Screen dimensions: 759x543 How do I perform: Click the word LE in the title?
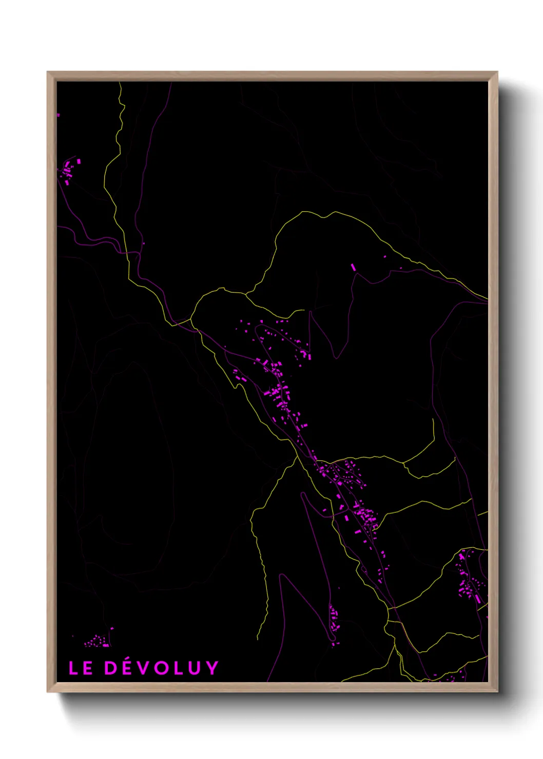coord(81,668)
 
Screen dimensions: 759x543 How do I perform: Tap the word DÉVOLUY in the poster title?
coord(162,668)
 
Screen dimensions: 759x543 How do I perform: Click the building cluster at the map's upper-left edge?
coord(69,170)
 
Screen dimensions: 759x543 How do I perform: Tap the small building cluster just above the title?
coord(98,640)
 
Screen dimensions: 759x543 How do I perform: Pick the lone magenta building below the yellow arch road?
coord(353,267)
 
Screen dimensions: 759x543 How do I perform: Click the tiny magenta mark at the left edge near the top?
coord(58,115)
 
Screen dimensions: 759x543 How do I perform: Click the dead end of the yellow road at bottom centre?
coord(258,639)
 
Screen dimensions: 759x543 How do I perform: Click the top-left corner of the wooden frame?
coord(48,72)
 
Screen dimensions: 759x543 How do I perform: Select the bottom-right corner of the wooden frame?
coord(497,692)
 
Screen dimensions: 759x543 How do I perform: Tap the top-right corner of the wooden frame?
coord(497,72)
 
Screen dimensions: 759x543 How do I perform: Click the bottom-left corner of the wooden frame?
coord(48,692)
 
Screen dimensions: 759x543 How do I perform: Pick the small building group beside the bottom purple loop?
coord(334,618)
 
